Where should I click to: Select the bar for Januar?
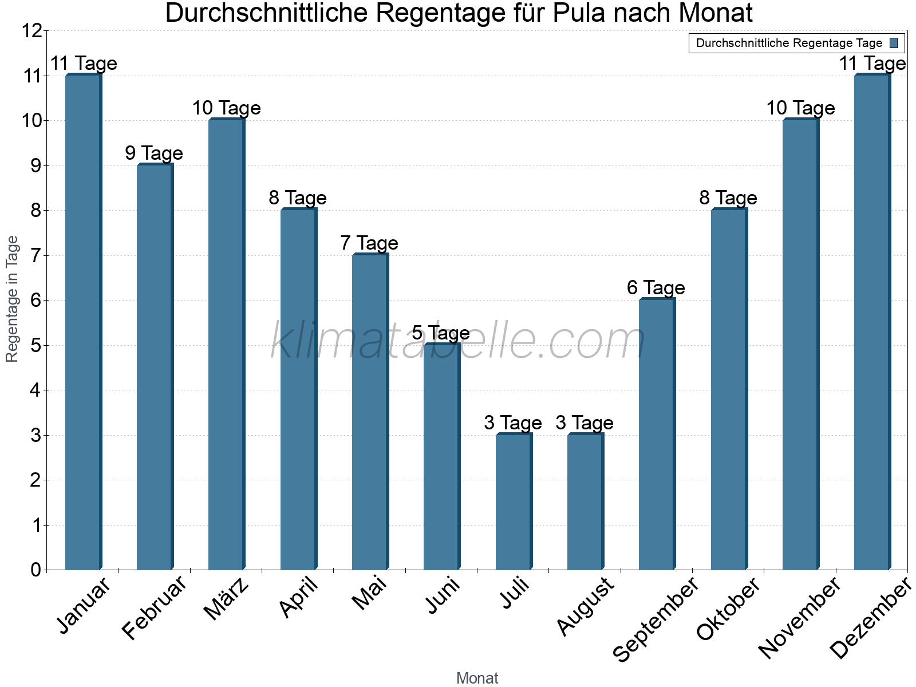click(83, 322)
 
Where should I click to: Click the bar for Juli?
click(514, 502)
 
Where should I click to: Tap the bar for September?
click(657, 434)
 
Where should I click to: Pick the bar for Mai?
click(370, 412)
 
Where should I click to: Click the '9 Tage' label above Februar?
click(154, 153)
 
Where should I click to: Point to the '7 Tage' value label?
click(369, 243)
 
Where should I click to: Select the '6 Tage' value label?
click(656, 287)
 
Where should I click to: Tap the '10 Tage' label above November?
click(800, 108)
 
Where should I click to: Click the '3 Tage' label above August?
click(585, 423)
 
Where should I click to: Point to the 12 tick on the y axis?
click(33, 31)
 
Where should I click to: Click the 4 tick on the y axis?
click(36, 390)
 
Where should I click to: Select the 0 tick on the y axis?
click(36, 570)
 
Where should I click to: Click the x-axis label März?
click(227, 599)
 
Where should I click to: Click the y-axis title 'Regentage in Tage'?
click(12, 299)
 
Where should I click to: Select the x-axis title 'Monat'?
click(477, 678)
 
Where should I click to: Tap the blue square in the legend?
click(894, 43)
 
